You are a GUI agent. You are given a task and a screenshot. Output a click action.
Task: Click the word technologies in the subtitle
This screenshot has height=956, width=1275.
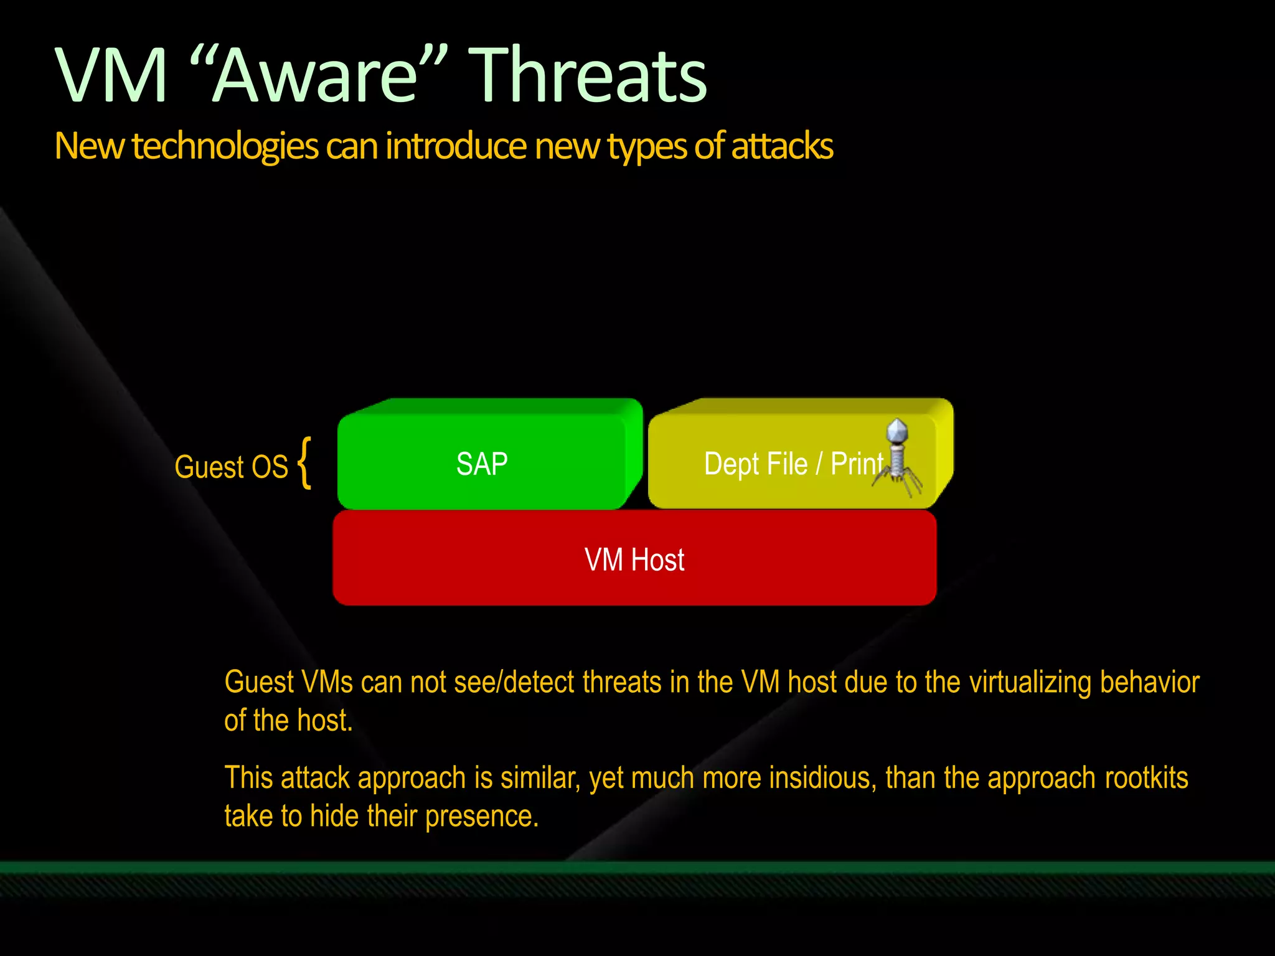(225, 147)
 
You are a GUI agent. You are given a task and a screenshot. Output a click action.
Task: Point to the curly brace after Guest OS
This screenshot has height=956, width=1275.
(304, 463)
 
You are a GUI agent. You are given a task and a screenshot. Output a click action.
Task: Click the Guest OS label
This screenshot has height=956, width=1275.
(231, 467)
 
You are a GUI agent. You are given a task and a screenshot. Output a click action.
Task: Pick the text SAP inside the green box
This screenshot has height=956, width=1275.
(482, 464)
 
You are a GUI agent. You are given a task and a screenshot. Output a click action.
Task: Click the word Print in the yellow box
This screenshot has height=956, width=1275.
(857, 464)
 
